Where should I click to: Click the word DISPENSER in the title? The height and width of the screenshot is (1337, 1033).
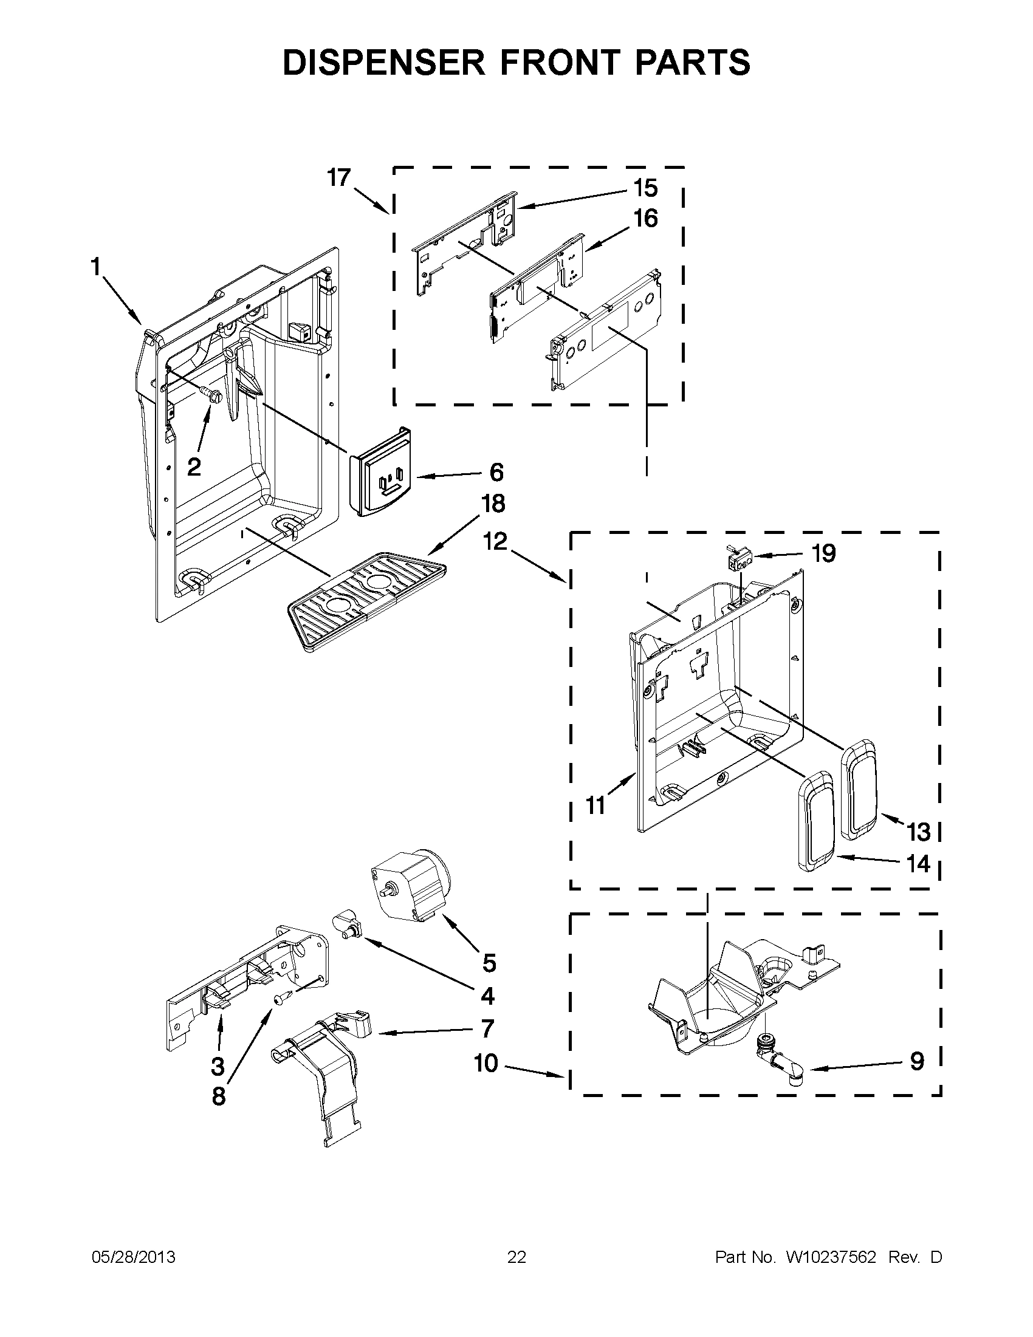point(385,63)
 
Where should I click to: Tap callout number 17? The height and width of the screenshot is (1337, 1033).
point(338,177)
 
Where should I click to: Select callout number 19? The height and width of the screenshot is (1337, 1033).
point(823,553)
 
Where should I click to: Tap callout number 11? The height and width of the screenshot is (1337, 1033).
point(595,805)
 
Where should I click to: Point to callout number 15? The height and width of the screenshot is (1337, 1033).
point(645,188)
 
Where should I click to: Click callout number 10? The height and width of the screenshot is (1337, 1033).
point(486,1064)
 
